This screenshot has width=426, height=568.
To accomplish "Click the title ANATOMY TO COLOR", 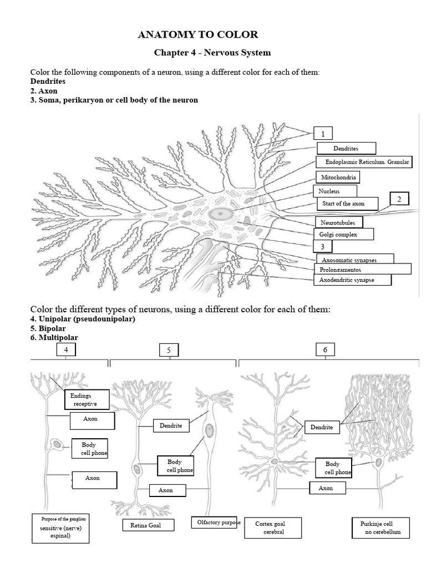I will point(198,34).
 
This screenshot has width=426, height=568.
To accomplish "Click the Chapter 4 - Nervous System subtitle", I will point(212,53).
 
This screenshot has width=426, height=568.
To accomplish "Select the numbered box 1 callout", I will point(323,133).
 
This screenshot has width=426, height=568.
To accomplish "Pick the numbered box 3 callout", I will point(322,246).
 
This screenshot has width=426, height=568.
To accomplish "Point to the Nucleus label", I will point(329,191).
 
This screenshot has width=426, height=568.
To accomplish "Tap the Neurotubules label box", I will point(338,222).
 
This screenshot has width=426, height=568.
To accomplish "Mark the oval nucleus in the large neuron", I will point(222,213).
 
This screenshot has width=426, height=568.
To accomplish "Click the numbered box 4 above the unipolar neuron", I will point(66,349).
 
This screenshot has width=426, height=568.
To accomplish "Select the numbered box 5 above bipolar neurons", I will point(169,350).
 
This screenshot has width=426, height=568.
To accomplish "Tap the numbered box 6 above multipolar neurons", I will point(325,349).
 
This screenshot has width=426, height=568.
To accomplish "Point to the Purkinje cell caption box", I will point(381,528).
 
